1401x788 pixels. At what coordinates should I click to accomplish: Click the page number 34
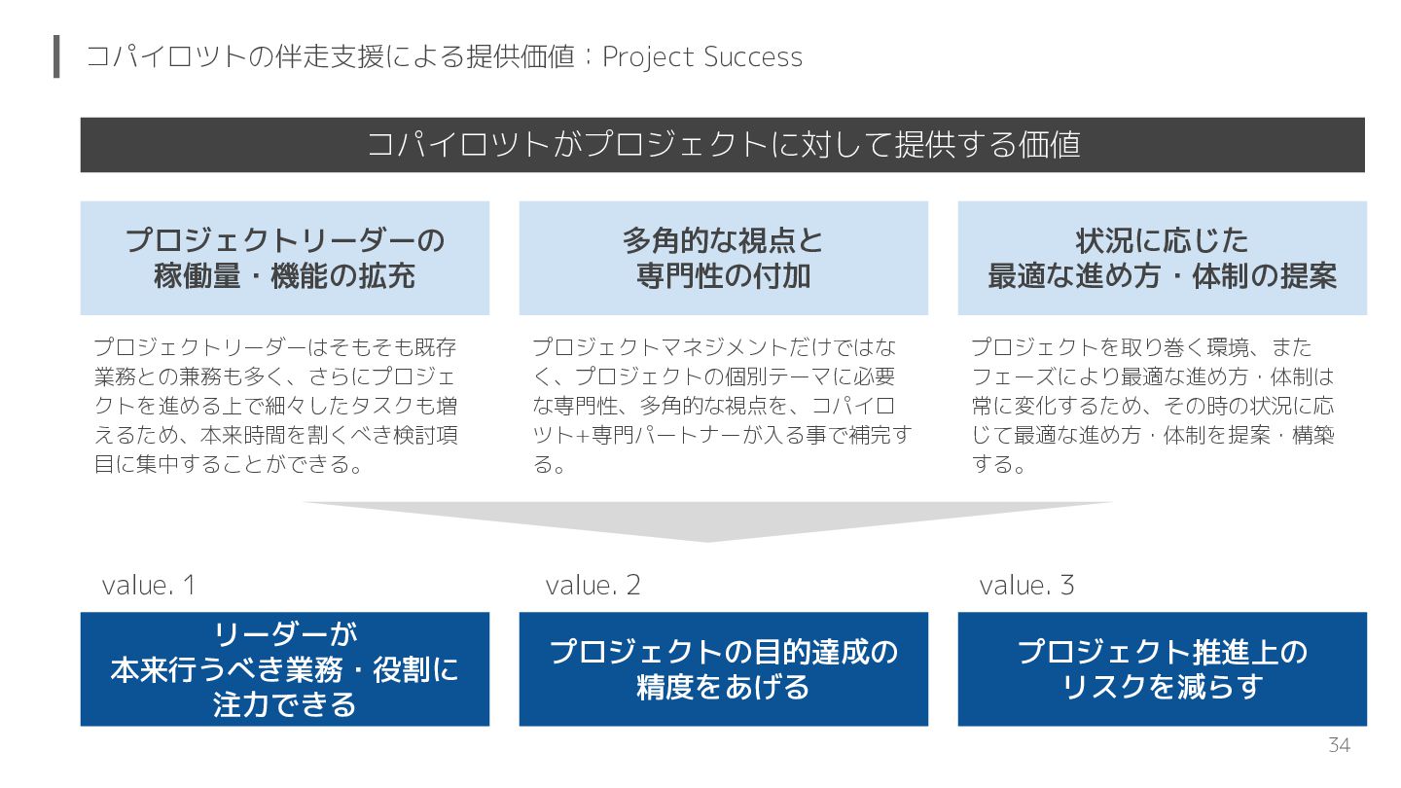tap(1339, 746)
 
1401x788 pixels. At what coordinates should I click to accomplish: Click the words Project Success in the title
tap(702, 57)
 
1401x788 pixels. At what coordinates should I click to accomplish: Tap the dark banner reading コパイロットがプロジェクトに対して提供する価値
tap(722, 145)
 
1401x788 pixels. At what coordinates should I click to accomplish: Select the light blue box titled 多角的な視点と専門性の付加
tap(723, 258)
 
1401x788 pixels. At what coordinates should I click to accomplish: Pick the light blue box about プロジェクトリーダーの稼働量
tap(284, 258)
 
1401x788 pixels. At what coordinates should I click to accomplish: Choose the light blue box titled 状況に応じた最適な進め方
tap(1162, 258)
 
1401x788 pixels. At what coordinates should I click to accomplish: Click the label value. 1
tap(149, 586)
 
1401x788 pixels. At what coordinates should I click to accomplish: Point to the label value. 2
tap(593, 586)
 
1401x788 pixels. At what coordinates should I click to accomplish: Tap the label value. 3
tap(1026, 586)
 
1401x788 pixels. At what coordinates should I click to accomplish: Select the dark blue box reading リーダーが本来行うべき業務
tap(284, 669)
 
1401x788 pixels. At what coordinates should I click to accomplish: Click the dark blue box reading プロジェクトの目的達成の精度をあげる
tap(723, 669)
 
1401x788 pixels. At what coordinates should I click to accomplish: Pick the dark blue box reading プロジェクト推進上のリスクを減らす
tap(1162, 669)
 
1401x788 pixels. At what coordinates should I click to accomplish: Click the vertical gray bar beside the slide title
tap(56, 56)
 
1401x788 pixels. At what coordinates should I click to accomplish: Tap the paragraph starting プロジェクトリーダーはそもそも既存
tap(276, 406)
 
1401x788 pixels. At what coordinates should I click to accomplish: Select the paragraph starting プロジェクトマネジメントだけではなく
tap(721, 406)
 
